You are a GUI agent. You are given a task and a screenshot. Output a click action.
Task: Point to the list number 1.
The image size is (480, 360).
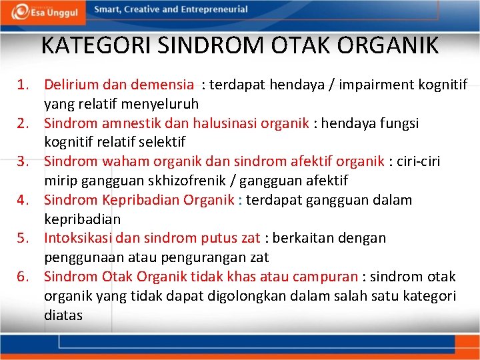coord(23,85)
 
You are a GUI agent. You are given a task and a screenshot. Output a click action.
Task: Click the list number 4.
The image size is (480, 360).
coord(23,200)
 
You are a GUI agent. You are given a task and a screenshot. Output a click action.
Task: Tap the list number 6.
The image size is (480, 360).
coord(23,277)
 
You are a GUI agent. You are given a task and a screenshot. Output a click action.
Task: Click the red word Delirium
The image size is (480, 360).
coord(70,85)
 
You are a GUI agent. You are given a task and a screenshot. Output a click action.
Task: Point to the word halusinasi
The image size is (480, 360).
coord(227,123)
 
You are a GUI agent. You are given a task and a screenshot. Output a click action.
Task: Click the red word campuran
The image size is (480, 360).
coord(324,277)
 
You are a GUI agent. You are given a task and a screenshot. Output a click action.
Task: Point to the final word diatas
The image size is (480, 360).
coord(63,315)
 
